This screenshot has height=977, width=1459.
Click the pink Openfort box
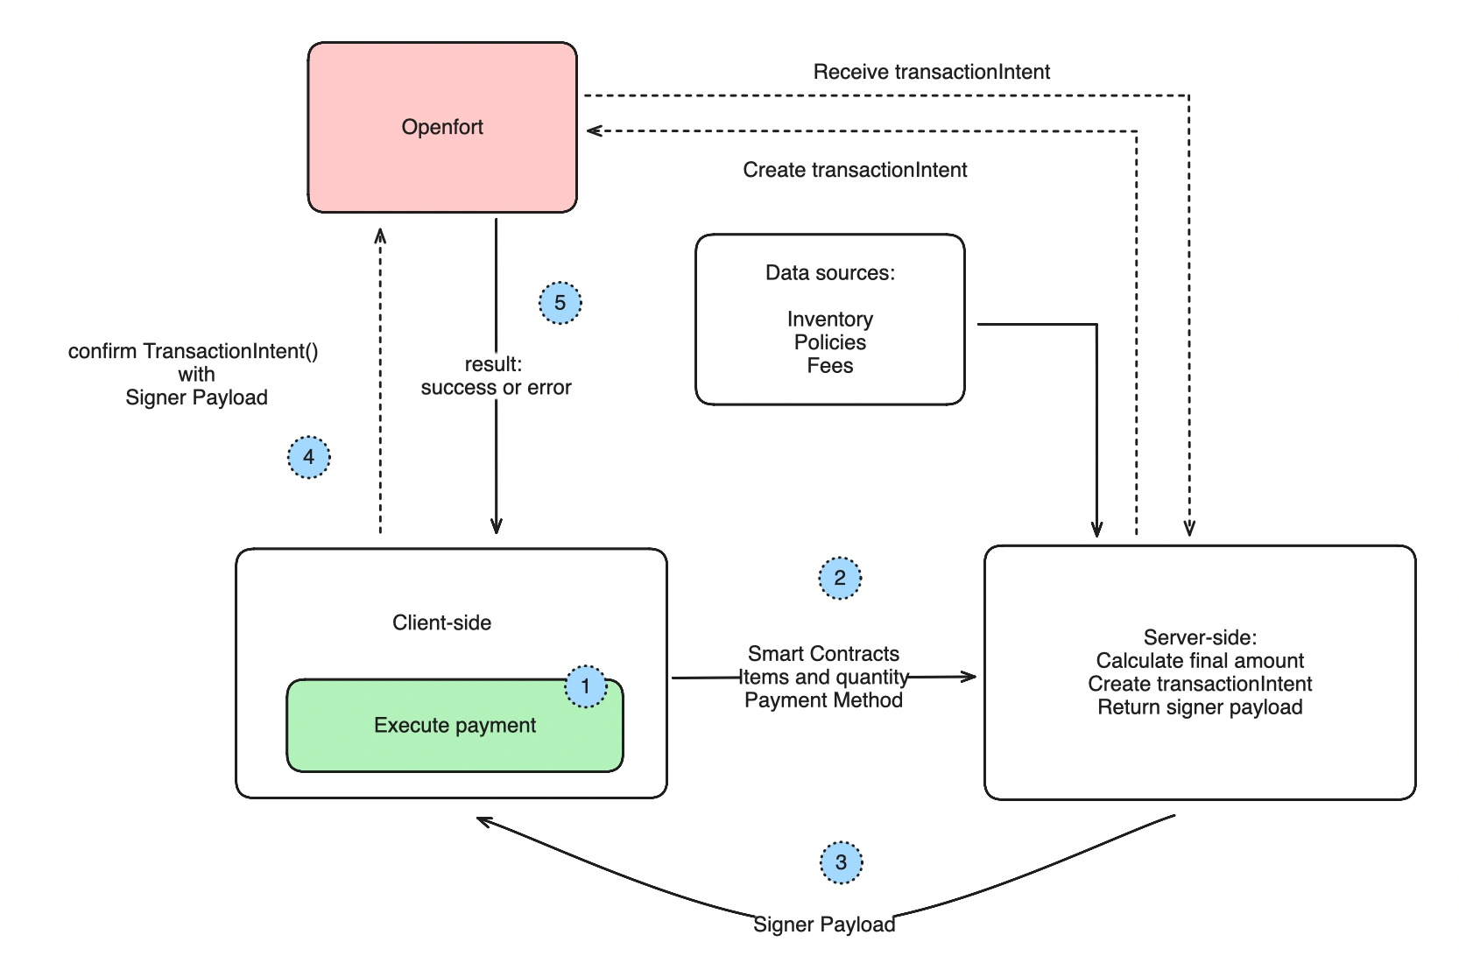tap(442, 127)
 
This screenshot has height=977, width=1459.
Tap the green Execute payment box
tap(455, 726)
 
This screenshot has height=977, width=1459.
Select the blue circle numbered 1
tap(585, 686)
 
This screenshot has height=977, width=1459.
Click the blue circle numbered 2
tap(840, 578)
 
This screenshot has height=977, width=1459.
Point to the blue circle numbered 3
tap(841, 863)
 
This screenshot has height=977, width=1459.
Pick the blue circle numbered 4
tap(308, 457)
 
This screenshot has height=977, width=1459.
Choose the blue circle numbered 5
tap(560, 303)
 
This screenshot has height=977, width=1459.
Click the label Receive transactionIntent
tap(931, 72)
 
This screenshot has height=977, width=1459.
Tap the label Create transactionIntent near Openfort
tap(855, 170)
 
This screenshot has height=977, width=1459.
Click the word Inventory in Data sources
tap(829, 319)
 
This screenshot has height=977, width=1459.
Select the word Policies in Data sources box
tap(829, 342)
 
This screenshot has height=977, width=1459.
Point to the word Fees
tap(829, 366)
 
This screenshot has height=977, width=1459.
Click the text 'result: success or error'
tap(496, 376)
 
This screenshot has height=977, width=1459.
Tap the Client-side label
tap(441, 622)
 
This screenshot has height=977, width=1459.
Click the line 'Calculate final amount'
tap(1199, 661)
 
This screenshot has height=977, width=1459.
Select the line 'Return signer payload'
tap(1199, 707)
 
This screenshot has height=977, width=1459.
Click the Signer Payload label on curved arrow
tap(824, 924)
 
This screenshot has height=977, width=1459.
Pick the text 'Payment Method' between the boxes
tap(823, 700)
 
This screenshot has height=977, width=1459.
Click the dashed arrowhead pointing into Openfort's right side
tap(594, 131)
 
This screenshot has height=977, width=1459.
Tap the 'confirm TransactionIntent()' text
tap(194, 351)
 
